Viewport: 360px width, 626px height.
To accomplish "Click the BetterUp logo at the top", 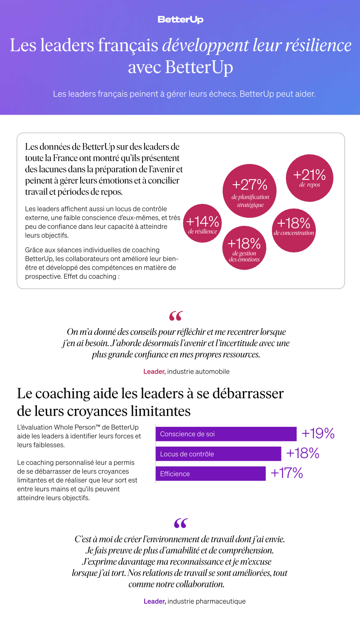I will point(180,20).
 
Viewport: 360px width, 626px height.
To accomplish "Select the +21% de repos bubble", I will point(309,178).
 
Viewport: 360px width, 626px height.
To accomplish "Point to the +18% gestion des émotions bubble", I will point(244,248).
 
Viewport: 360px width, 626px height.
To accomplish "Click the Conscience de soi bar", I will point(226,434).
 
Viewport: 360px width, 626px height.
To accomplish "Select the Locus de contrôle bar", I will point(218,454).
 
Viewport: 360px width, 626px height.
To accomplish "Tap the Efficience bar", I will point(210,474).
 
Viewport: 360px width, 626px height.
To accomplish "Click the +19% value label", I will point(318,434).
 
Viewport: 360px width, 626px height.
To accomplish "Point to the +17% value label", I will point(287,473).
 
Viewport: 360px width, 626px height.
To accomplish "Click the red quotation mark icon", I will point(175,316).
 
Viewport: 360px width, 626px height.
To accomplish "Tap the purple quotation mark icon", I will point(181,523).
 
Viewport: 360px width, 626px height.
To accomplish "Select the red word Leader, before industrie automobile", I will point(154,371).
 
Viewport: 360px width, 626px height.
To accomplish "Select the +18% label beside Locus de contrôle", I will point(303,453).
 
